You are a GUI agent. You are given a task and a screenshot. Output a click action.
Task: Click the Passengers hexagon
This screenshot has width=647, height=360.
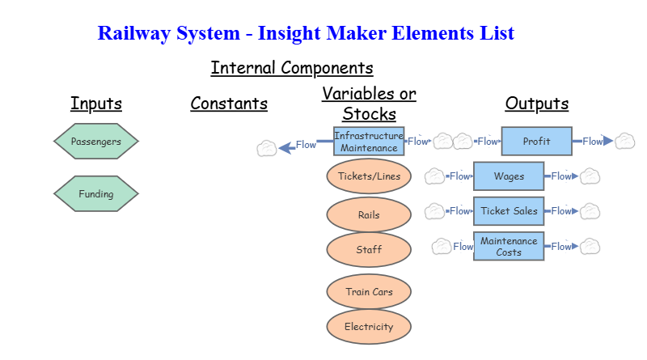coord(96,142)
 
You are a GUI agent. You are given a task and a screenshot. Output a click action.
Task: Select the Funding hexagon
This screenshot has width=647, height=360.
coord(96,194)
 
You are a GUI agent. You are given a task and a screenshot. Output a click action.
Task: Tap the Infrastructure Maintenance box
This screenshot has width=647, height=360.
coord(369,142)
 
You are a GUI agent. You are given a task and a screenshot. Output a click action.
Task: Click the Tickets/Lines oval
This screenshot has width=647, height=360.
coord(369,176)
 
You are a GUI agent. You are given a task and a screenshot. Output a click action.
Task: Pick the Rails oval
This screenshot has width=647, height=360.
coord(369,215)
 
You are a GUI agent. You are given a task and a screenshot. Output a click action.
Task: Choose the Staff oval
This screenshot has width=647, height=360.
coord(369,250)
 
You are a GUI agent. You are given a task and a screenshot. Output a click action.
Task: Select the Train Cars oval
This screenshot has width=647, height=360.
coord(369,292)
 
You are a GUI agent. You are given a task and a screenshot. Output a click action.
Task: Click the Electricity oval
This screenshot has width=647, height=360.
coord(369,327)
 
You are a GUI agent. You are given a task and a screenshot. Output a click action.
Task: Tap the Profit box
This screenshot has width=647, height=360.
coord(536,142)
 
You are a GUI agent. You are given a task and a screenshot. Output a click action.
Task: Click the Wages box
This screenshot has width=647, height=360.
coord(509,176)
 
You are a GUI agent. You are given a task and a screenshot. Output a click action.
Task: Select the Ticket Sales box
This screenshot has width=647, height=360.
coord(509,211)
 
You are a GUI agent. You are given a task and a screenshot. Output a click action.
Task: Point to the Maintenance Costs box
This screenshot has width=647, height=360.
coord(509,247)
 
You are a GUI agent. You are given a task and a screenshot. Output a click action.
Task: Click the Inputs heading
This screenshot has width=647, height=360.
coord(96,104)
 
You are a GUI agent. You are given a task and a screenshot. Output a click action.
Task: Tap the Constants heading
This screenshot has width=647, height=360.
coord(229,104)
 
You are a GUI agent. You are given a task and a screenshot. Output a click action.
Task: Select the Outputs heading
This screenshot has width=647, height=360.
coord(536,104)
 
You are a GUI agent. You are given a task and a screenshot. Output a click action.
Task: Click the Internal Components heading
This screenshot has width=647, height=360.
coord(292,68)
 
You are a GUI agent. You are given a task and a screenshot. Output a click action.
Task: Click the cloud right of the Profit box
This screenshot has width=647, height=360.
coord(624,142)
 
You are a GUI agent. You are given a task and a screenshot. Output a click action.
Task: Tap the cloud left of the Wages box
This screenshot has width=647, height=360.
coord(435,176)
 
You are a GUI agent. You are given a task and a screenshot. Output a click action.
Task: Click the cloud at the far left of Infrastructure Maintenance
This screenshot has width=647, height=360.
coord(266,148)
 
